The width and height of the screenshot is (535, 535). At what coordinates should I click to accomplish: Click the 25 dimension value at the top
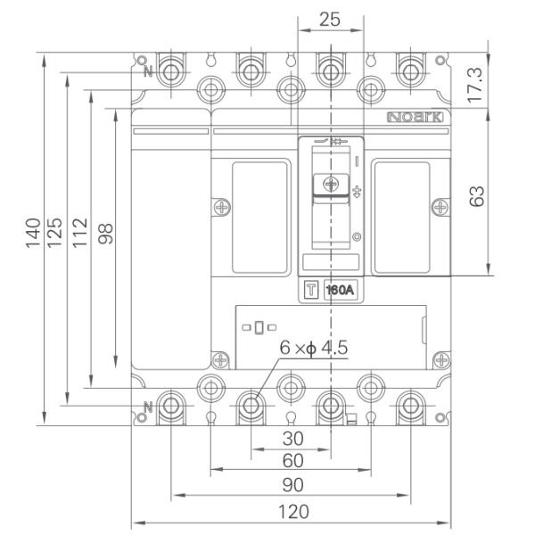(330, 19)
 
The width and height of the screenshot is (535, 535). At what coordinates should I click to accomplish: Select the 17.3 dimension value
(475, 86)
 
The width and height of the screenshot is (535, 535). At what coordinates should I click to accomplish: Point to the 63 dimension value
(476, 196)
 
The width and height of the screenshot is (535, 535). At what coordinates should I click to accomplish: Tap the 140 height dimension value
(33, 233)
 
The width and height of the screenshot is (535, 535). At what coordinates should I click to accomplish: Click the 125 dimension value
(54, 233)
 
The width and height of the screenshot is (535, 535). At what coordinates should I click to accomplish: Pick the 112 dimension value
(80, 233)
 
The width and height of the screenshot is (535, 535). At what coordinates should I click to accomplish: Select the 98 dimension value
(105, 234)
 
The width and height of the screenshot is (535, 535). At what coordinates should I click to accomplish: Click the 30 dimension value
(292, 439)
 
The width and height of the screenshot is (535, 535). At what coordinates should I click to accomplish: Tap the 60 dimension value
(292, 461)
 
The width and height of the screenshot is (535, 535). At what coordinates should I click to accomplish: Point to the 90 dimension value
(292, 485)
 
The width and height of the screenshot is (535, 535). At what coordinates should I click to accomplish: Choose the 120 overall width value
(293, 512)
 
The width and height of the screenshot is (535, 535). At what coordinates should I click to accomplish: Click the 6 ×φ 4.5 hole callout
(314, 348)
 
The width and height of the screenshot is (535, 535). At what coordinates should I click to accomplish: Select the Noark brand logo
(416, 118)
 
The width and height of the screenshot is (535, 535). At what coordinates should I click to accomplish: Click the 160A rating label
(341, 290)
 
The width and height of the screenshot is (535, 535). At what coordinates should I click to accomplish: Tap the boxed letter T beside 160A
(311, 290)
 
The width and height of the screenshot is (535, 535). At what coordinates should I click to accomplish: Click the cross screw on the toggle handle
(331, 185)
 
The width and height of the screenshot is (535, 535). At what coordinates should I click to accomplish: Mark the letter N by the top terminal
(148, 71)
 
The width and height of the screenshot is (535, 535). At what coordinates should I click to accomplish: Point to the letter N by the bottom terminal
(148, 407)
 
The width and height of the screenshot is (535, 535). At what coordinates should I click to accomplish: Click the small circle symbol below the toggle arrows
(357, 237)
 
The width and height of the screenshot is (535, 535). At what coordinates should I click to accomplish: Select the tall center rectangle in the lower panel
(259, 327)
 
